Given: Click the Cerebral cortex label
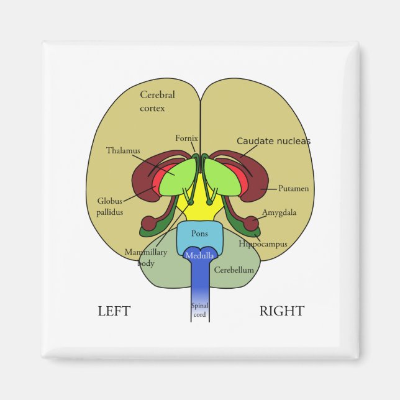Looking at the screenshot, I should [x=157, y=101].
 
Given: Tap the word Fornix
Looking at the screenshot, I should [x=186, y=138].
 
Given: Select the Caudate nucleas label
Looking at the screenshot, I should [x=273, y=141].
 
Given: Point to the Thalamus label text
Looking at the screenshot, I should [x=123, y=150].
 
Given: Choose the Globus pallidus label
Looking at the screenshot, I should [x=110, y=206].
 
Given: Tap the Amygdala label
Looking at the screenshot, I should [x=279, y=212].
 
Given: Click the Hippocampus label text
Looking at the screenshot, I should [x=263, y=244].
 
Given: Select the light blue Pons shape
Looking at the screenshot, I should [x=199, y=235].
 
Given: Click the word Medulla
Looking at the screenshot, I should [x=199, y=255].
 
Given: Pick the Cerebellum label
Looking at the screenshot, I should [x=234, y=270].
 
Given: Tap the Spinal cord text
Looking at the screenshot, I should [x=199, y=309].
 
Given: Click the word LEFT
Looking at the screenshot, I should [x=114, y=311].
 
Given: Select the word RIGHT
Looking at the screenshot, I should [x=282, y=311].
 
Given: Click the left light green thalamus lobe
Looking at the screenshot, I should [x=177, y=177].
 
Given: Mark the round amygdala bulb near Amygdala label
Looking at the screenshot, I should [x=250, y=222].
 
